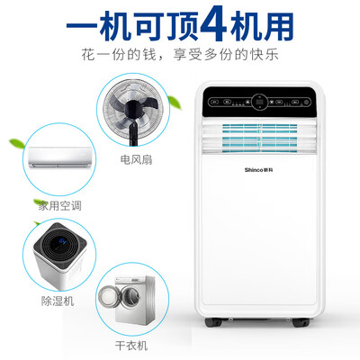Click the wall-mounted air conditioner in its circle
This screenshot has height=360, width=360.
click(61, 159)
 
